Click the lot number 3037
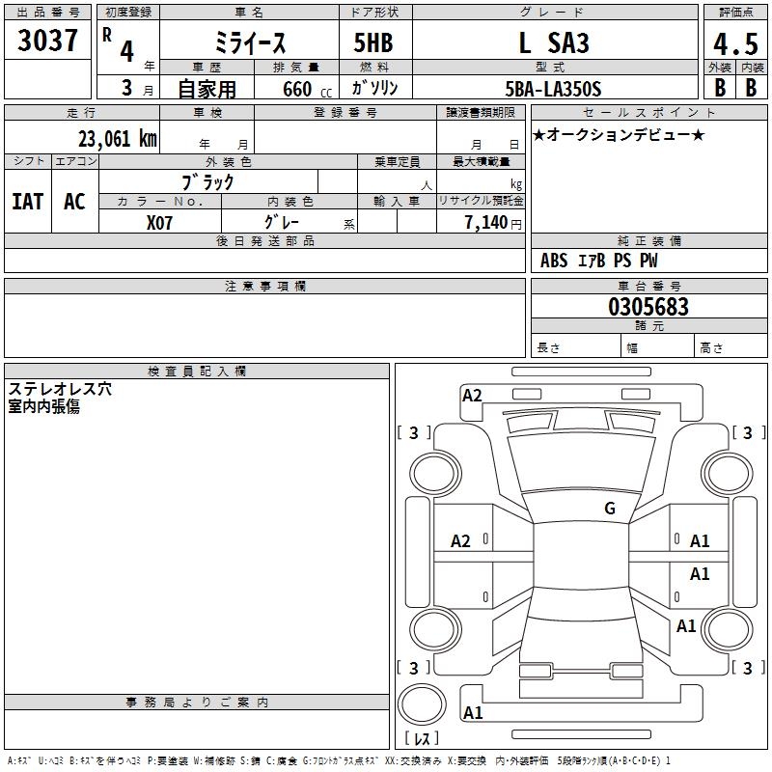coord(47,41)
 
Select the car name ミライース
coord(249,42)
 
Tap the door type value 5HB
coord(372,42)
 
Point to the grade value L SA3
coord(554,42)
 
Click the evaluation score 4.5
coord(735,43)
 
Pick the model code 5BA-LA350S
coord(553,89)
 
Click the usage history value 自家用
coord(207,90)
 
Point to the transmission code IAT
coord(28,201)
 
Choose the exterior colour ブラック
coord(207,181)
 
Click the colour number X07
coord(160,222)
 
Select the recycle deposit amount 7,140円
coord(493,222)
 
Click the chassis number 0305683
coord(648,307)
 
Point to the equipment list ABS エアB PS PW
coord(599,261)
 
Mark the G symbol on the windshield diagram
coord(610,509)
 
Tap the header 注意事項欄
coord(265,287)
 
